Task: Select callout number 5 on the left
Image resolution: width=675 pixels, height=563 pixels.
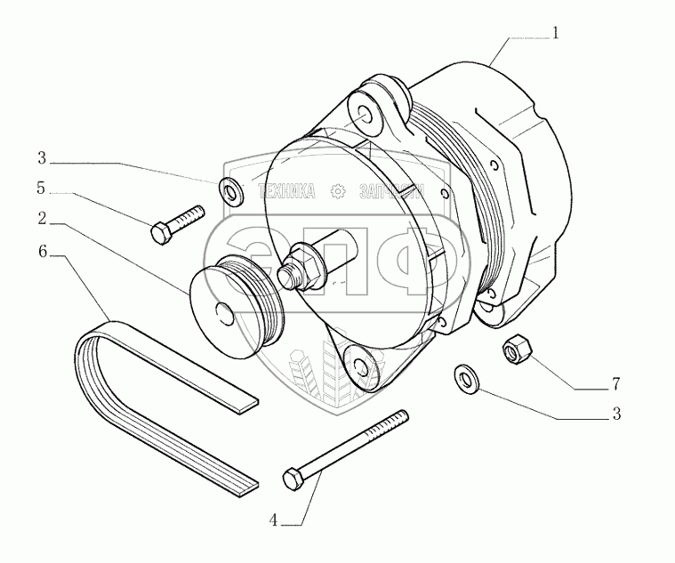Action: tap(42, 188)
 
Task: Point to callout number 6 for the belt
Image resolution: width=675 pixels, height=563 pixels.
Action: tap(42, 252)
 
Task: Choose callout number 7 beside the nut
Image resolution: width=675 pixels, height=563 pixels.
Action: tap(615, 385)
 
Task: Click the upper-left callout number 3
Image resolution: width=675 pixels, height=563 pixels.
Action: tap(42, 159)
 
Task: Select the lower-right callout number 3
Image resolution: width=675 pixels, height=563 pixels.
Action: tap(614, 414)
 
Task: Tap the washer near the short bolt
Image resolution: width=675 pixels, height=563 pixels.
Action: tap(230, 189)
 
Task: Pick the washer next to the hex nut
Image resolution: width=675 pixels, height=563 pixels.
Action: tap(465, 378)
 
